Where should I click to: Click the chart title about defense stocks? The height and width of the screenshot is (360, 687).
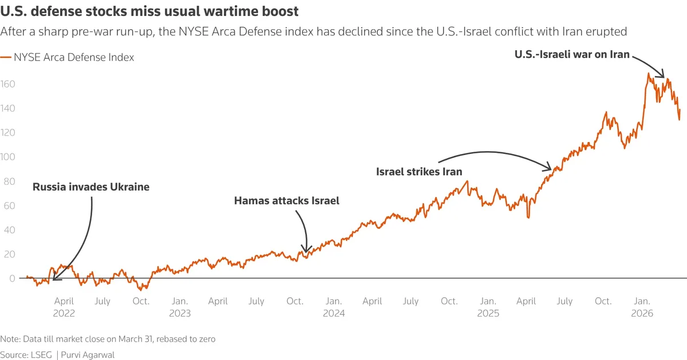point(149,11)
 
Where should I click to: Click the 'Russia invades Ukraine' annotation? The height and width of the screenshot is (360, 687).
point(90,187)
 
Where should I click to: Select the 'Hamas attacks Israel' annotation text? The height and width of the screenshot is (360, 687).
point(287,201)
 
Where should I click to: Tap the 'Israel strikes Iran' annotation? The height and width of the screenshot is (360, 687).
point(419,172)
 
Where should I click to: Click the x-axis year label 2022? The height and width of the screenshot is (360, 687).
point(64,313)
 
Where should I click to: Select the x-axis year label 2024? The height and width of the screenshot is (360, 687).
point(334,313)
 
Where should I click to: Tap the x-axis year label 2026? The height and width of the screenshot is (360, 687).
point(642,313)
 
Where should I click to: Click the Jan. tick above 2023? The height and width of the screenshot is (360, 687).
point(179,301)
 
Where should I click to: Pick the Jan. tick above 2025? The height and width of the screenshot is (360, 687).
point(488,301)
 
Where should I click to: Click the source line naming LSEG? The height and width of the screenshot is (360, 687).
point(57,355)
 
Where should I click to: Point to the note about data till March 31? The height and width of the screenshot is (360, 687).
point(108,339)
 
